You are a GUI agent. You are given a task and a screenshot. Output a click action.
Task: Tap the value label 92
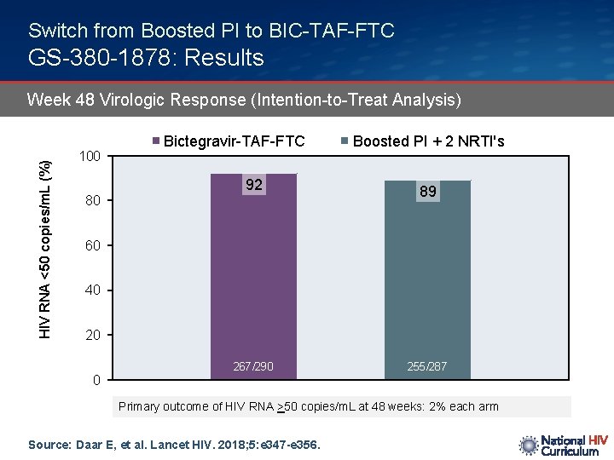pyautogui.click(x=254, y=185)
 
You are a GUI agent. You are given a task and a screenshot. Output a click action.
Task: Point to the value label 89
pyautogui.click(x=428, y=192)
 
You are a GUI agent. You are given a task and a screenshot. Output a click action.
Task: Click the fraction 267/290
pyautogui.click(x=254, y=366)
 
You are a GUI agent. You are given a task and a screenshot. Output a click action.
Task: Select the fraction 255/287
pyautogui.click(x=427, y=366)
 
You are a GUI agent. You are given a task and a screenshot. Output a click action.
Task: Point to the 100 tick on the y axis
pyautogui.click(x=90, y=157)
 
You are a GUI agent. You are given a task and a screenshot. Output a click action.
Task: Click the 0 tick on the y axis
pyautogui.click(x=97, y=380)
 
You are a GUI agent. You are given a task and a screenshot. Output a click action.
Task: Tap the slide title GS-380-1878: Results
pyautogui.click(x=146, y=58)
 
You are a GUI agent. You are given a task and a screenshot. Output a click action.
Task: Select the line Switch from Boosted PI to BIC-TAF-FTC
pyautogui.click(x=211, y=31)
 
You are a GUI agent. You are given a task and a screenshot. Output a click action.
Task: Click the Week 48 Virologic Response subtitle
pyautogui.click(x=244, y=100)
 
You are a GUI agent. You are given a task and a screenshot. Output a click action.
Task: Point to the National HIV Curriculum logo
pyautogui.click(x=563, y=445)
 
